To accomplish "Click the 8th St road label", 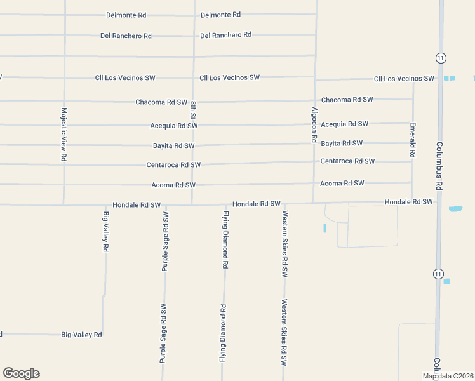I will (193, 110).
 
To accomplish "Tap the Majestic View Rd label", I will (64, 134).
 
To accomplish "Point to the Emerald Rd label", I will (413, 140).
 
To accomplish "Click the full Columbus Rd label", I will (438, 166).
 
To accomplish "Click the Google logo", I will (21, 373).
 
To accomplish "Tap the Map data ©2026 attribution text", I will (448, 376).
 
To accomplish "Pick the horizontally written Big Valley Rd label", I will (81, 335).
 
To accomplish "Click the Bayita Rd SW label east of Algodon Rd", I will (342, 144).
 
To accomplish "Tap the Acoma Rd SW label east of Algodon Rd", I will (342, 183).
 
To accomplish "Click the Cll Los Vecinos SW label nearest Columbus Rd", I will (404, 79).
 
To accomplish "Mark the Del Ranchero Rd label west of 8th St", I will (126, 36).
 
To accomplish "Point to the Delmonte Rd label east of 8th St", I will (220, 15).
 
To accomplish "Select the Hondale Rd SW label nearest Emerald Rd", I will (408, 202).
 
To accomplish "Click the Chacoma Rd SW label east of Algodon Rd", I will (347, 100).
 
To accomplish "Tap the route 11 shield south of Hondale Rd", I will (438, 274).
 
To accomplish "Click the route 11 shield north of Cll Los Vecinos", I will (441, 58).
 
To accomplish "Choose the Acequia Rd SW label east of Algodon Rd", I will (344, 124).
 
